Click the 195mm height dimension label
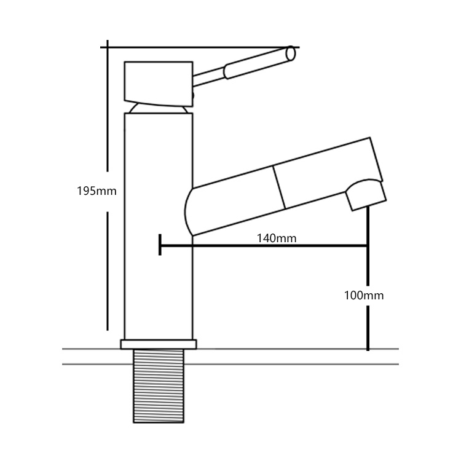(96, 191)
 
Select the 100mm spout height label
(364, 296)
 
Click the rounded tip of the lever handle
(291, 55)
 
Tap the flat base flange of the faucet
(159, 344)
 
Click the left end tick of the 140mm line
(159, 244)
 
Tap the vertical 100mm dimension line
(368, 320)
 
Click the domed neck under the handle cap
(159, 109)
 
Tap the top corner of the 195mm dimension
(108, 47)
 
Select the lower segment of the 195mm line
(108, 270)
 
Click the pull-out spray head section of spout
(326, 175)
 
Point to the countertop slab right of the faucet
(295, 357)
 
